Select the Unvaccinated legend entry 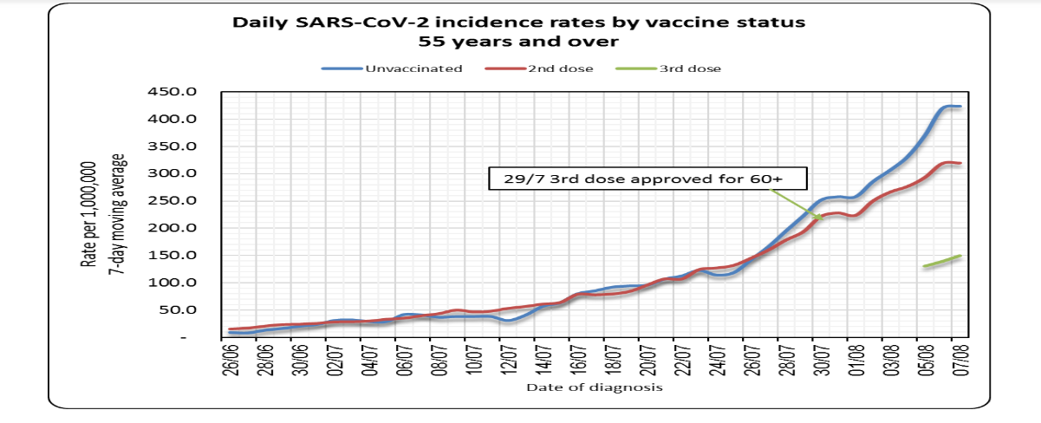pos(392,68)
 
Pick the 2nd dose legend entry pos(547,68)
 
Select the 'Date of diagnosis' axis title pos(594,387)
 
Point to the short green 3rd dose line pos(942,261)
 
